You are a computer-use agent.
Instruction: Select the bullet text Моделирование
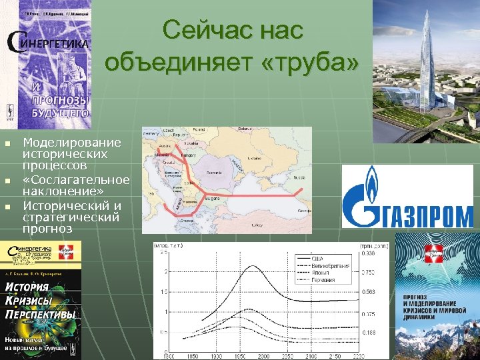[71, 142]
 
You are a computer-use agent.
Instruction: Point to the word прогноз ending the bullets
[48, 227]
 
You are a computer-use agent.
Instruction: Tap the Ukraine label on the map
[255, 159]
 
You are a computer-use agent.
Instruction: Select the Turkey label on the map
[256, 225]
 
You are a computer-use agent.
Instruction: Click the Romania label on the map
[214, 173]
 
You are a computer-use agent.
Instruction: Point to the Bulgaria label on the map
[213, 198]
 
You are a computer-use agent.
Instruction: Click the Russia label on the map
[298, 178]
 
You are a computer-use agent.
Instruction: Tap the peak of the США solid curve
[251, 266]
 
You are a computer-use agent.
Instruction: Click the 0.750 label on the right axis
[367, 272]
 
